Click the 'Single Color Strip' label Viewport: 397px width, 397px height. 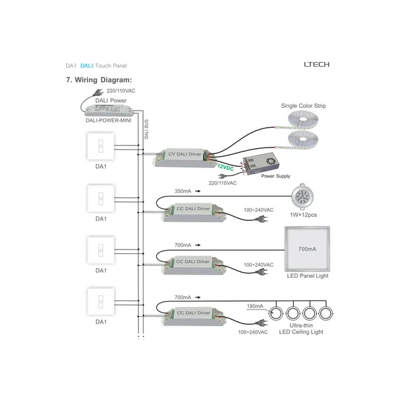303,106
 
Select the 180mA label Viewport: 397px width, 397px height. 254,306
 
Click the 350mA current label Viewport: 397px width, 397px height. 183,191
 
